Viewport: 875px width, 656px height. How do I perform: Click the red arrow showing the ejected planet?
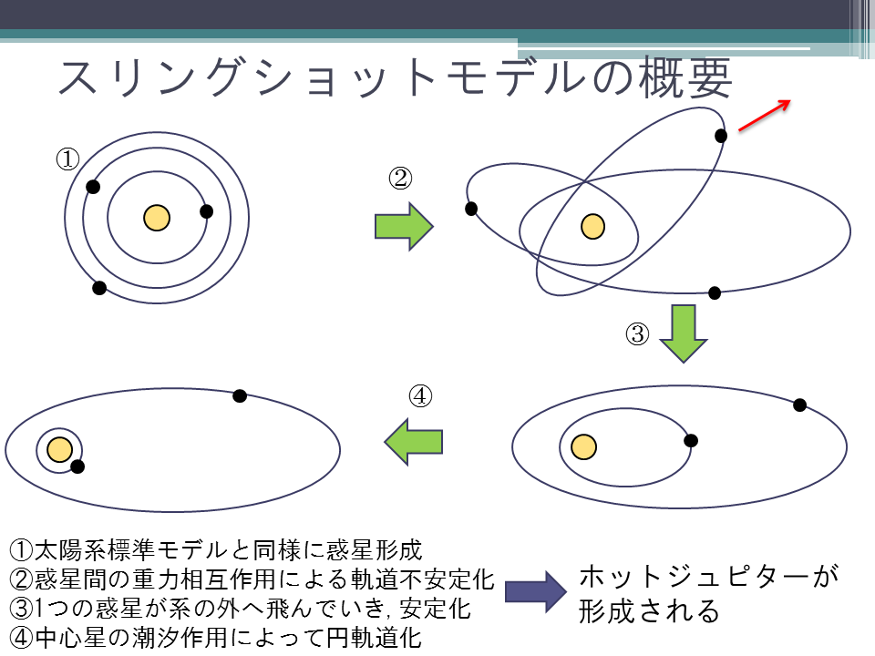coord(765,116)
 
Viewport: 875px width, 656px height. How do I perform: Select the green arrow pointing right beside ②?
coord(404,227)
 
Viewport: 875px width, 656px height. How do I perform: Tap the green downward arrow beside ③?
coord(684,333)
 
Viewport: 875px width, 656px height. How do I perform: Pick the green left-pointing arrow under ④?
coord(414,441)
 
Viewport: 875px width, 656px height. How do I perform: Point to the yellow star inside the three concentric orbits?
coord(157,218)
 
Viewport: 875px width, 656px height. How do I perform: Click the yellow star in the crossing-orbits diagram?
coord(592,227)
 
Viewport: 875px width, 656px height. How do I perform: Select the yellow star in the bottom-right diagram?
coord(583,446)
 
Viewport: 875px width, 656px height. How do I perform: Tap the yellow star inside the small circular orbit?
coord(60,449)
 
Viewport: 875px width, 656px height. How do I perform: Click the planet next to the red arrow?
coord(721,136)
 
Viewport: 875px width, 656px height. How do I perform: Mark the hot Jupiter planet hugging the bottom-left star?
coord(77,466)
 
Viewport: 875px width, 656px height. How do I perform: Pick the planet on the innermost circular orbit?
coord(206,211)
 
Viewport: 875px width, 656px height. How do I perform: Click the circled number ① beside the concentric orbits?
coord(67,159)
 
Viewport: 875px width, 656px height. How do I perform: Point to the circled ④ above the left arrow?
coord(420,396)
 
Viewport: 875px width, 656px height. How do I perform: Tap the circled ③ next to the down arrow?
coord(637,334)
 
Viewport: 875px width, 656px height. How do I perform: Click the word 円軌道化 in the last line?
coord(374,638)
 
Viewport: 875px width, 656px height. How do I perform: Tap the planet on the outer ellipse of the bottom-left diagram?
coord(240,395)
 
